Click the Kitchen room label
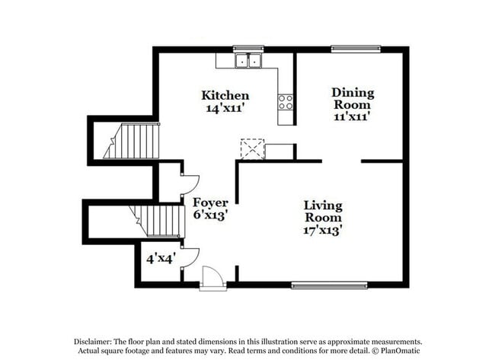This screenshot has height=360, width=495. pos(225,95)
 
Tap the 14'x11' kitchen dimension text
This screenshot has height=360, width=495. pos(225,108)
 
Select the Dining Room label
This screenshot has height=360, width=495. pos(353,98)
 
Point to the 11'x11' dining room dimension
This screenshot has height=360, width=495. pos(353,117)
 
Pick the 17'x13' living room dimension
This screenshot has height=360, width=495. pos(323,229)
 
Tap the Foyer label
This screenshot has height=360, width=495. pos(209,202)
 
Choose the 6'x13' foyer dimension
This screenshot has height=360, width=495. pos(209,215)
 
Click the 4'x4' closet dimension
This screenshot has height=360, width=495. pos(161,259)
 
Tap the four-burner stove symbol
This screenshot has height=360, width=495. pos(286,101)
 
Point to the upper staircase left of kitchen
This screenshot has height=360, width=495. pos(133,143)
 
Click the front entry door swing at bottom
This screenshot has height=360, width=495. pos(213,279)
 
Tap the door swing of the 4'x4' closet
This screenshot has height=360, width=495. pos(189,257)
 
